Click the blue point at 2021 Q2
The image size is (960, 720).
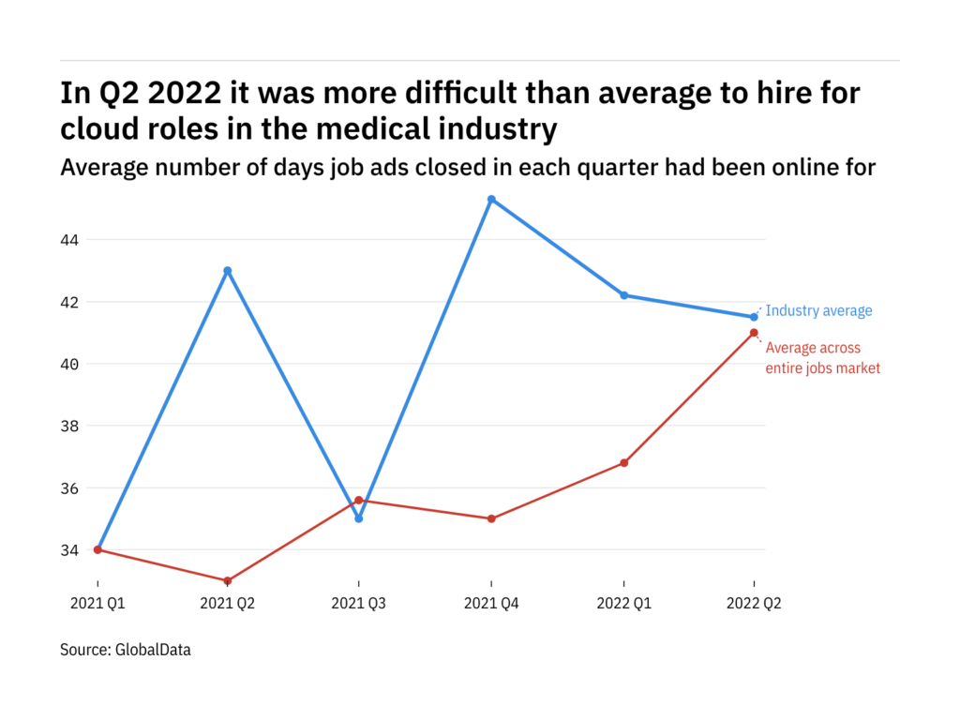[x=228, y=271]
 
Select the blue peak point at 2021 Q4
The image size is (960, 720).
[x=491, y=199]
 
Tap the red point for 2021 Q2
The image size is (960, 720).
[x=228, y=581]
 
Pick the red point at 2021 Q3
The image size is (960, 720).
[x=359, y=500]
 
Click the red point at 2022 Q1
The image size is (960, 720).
[x=623, y=463]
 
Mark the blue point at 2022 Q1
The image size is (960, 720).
[x=623, y=295]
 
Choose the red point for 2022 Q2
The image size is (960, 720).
[x=754, y=333]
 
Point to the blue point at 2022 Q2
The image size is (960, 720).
[x=754, y=317]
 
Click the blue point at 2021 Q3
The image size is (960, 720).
[x=359, y=518]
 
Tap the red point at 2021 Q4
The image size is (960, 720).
[x=491, y=518]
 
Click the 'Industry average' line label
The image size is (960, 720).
[x=818, y=311]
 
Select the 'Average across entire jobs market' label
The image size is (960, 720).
[x=822, y=358]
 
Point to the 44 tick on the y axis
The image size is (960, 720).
[x=69, y=240]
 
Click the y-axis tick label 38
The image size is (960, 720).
[x=69, y=426]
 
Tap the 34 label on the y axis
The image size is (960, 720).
[x=69, y=550]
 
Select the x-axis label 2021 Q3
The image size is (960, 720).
[x=359, y=605]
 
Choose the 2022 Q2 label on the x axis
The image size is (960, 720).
[x=754, y=605]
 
